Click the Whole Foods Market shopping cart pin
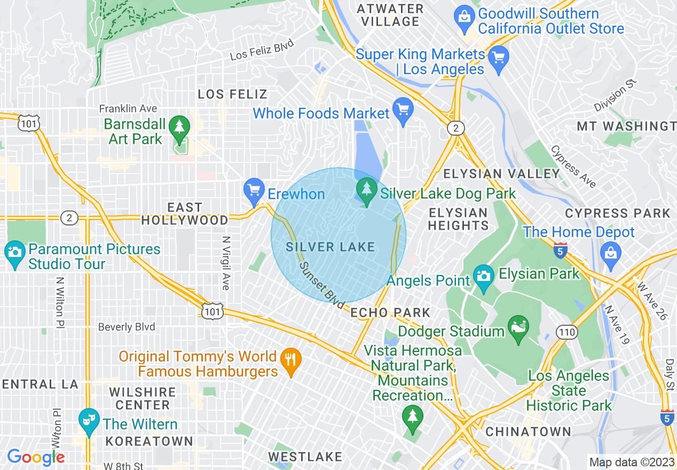[403, 110]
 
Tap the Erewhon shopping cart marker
[254, 190]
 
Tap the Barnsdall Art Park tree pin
[179, 128]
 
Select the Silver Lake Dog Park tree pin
[366, 190]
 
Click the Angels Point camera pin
[483, 277]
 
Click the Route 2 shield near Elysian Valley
[455, 128]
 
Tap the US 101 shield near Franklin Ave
[27, 123]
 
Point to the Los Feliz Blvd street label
[262, 51]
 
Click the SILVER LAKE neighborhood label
[330, 247]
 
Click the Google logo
[36, 457]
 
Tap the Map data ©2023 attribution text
[631, 462]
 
